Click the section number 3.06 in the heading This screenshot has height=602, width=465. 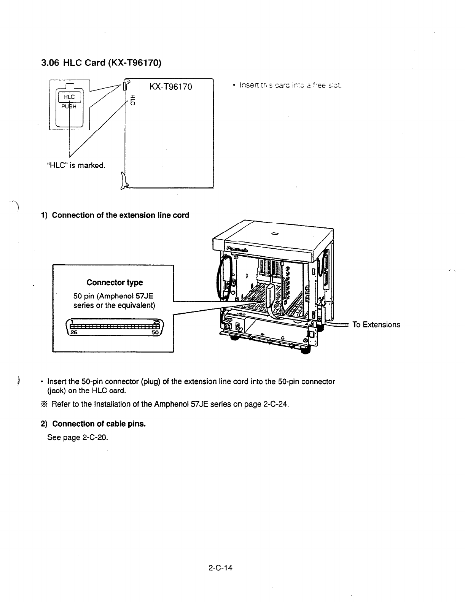point(49,62)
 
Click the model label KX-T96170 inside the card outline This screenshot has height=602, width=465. point(170,87)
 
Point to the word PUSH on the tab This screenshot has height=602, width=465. point(69,106)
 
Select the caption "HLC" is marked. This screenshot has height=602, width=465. point(76,165)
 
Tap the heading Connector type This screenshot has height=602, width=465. point(115,283)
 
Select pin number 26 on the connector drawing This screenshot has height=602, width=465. point(73,333)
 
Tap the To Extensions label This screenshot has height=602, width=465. point(376,324)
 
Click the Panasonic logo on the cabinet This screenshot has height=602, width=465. point(237,249)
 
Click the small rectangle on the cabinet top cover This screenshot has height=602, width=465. point(273,233)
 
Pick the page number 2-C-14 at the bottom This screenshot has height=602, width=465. point(220,568)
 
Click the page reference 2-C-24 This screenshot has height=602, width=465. point(275,404)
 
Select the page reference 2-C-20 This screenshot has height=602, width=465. point(95,437)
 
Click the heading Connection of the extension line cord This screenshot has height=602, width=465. point(120,215)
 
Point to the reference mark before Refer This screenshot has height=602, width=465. point(43,404)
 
